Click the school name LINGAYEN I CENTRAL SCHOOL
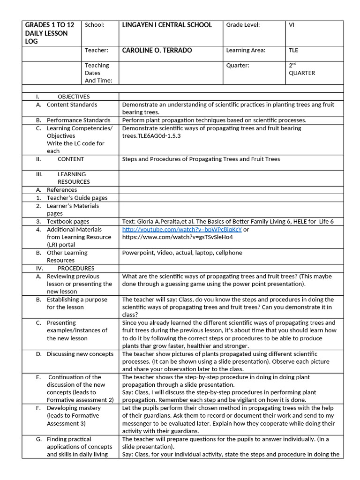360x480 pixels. [x=167, y=25]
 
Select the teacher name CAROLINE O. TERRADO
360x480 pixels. [x=157, y=50]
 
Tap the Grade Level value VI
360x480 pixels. [x=292, y=25]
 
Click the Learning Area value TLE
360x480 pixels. [x=293, y=50]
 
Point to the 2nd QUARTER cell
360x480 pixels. [x=302, y=69]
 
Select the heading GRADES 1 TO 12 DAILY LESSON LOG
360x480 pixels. [x=50, y=33]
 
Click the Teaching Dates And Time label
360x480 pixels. [x=97, y=73]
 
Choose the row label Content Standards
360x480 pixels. [x=72, y=105]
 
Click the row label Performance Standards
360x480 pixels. [x=78, y=120]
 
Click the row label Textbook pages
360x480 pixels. [x=68, y=221]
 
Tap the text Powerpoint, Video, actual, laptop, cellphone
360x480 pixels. [x=182, y=253]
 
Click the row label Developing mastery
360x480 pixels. [x=74, y=408]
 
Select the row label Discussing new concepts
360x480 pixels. [x=80, y=354]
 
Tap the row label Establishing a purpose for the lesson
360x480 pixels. [x=76, y=303]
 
